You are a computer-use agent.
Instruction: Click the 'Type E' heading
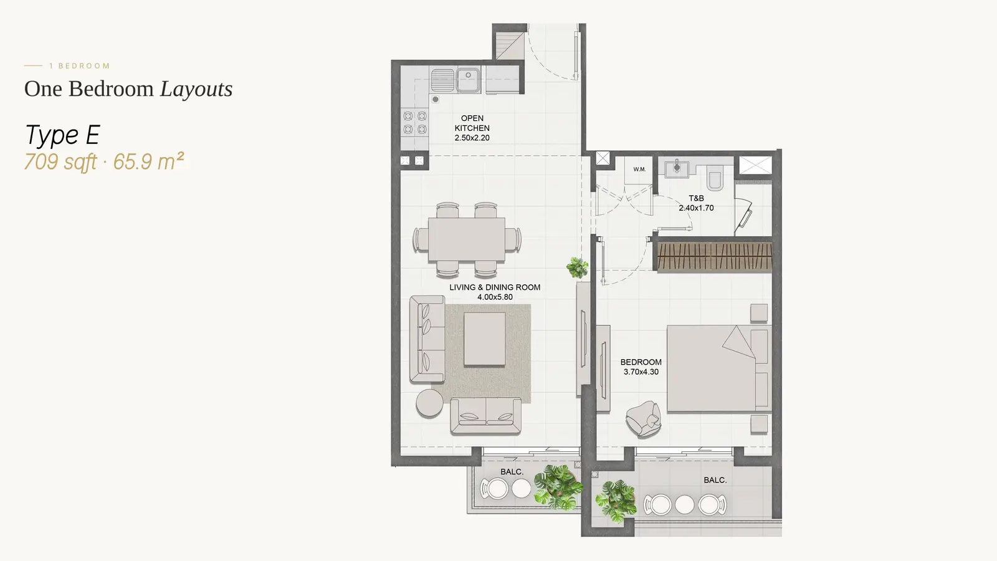(62, 135)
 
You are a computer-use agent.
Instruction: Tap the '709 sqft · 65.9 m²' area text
(104, 161)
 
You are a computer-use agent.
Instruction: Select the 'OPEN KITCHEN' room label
(472, 123)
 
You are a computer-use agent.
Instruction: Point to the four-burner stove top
(415, 123)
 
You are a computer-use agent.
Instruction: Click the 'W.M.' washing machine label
(639, 169)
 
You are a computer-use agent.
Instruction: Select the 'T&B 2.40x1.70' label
(696, 203)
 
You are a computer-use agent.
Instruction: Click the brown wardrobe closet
(714, 257)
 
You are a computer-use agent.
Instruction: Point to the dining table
(467, 239)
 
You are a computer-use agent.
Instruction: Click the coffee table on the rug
(484, 339)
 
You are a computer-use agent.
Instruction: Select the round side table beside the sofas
(429, 403)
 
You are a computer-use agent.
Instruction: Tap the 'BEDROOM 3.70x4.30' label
(641, 367)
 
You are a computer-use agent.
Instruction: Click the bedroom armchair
(643, 418)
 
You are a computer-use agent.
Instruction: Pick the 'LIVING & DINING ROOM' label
(495, 287)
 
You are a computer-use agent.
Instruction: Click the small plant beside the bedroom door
(577, 268)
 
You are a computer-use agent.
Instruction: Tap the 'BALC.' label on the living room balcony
(512, 472)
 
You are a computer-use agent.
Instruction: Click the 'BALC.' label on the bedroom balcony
(715, 481)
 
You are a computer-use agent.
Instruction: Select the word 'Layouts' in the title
(196, 89)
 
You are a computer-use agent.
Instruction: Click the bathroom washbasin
(677, 168)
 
